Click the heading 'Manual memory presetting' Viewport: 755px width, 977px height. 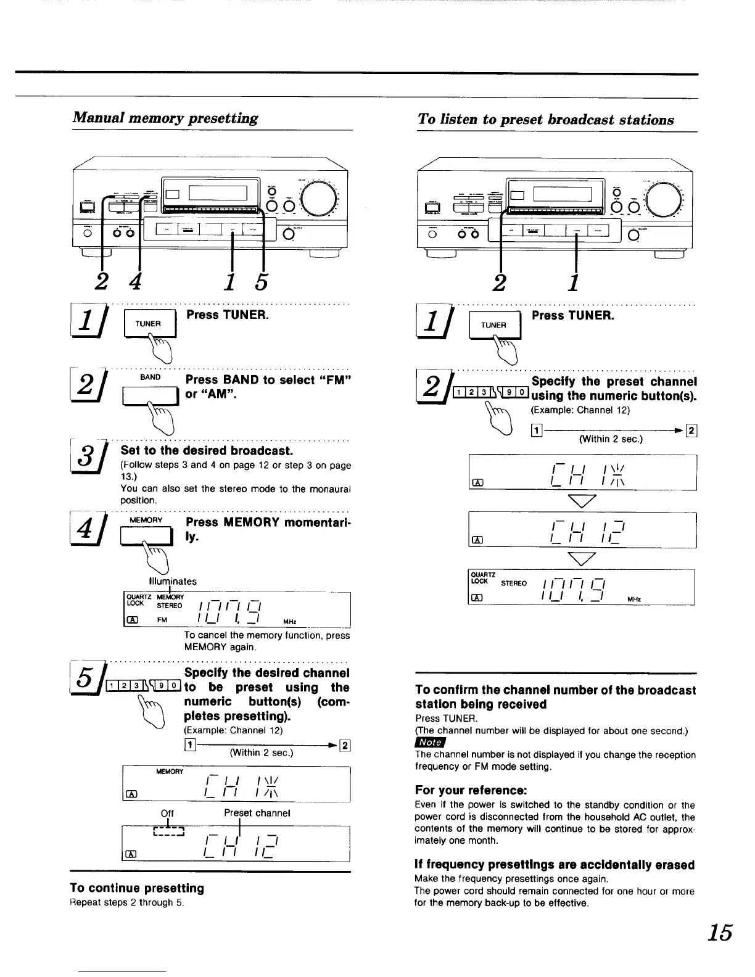click(x=165, y=118)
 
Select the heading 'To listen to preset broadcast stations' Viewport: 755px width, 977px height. click(x=545, y=120)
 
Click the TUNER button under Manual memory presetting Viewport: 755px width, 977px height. click(x=150, y=324)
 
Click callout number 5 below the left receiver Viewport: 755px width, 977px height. click(x=261, y=282)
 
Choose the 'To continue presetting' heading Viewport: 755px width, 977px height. click(x=136, y=888)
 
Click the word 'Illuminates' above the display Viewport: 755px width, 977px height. click(x=173, y=581)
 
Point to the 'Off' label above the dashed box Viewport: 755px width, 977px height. click(x=167, y=814)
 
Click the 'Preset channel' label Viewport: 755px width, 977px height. click(x=257, y=814)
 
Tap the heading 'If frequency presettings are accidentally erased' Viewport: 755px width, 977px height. click(x=555, y=865)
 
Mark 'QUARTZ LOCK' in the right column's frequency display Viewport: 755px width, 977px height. click(x=480, y=578)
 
